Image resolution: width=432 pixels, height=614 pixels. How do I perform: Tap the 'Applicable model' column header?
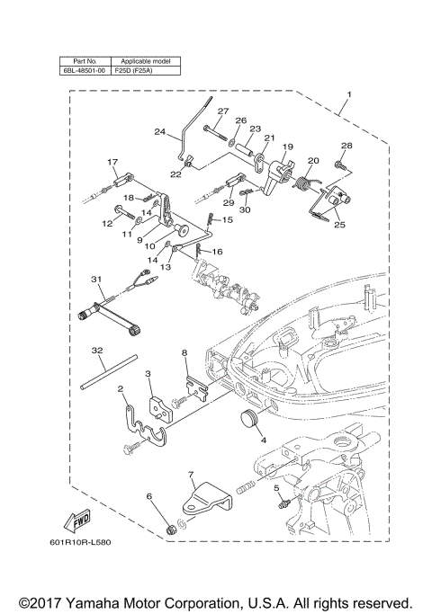pos(144,61)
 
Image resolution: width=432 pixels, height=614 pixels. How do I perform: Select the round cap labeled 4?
pos(247,420)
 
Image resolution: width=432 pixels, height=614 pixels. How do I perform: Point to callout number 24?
pos(158,132)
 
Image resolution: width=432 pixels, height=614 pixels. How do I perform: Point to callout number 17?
pos(112,162)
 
